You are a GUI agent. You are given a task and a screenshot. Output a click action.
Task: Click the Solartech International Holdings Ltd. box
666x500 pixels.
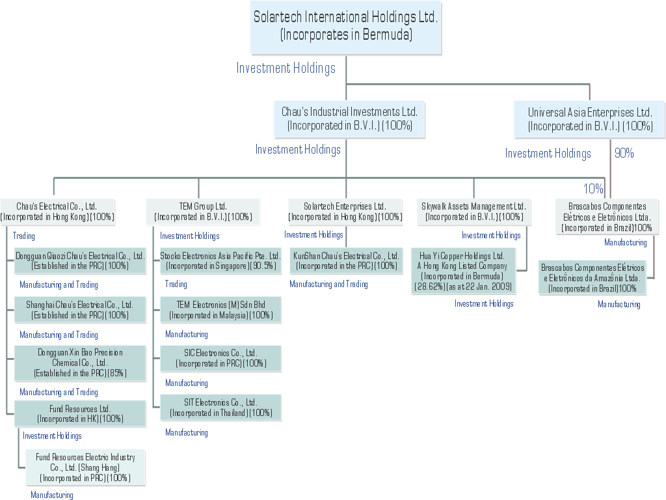[346, 27]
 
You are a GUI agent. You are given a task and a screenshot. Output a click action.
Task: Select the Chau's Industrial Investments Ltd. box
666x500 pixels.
[349, 119]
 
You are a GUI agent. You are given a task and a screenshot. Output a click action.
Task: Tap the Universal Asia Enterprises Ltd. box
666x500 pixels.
[590, 120]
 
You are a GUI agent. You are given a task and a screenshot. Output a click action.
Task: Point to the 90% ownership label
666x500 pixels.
[624, 154]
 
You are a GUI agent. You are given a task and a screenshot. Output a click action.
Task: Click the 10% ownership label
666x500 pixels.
[593, 189]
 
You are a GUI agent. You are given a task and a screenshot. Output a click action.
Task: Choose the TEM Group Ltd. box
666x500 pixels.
[203, 212]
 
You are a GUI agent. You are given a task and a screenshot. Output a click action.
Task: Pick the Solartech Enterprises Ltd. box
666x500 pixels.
[345, 212]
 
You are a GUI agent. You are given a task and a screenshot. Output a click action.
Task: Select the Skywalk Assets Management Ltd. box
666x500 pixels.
[473, 212]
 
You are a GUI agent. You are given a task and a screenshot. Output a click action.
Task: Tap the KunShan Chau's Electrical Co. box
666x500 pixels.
[346, 260]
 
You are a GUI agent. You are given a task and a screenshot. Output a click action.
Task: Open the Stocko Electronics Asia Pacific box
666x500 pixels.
[220, 260]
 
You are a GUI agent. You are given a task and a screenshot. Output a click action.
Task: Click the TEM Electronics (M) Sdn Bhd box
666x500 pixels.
[220, 310]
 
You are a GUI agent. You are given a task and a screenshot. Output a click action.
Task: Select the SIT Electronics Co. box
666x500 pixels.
[220, 408]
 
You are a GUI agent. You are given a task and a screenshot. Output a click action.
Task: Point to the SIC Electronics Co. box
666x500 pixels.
[220, 358]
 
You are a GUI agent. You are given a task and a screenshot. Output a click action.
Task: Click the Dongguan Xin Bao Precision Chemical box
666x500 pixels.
[80, 363]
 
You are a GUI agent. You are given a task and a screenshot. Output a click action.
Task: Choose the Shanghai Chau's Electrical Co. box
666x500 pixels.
[80, 310]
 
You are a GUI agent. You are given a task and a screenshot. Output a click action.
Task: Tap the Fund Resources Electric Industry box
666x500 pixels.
[85, 467]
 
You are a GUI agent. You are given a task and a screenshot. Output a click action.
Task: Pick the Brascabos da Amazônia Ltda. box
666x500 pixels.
[593, 278]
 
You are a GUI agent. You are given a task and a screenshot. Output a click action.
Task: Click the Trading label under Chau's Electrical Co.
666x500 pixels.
[24, 236]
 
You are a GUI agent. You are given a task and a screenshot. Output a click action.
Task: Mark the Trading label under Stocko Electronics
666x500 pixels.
[176, 285]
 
